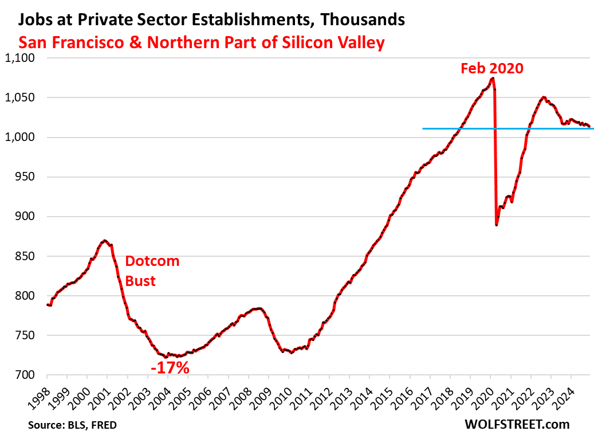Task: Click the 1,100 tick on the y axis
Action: click(20, 58)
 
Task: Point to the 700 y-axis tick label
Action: click(24, 375)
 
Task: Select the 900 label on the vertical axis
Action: click(24, 217)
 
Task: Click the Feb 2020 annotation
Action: click(492, 69)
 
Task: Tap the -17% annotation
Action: click(170, 367)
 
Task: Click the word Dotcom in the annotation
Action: click(152, 261)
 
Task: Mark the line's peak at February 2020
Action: click(493, 78)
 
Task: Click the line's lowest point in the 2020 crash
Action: click(497, 225)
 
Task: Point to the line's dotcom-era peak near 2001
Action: click(104, 241)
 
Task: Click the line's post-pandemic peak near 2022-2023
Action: click(543, 97)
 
